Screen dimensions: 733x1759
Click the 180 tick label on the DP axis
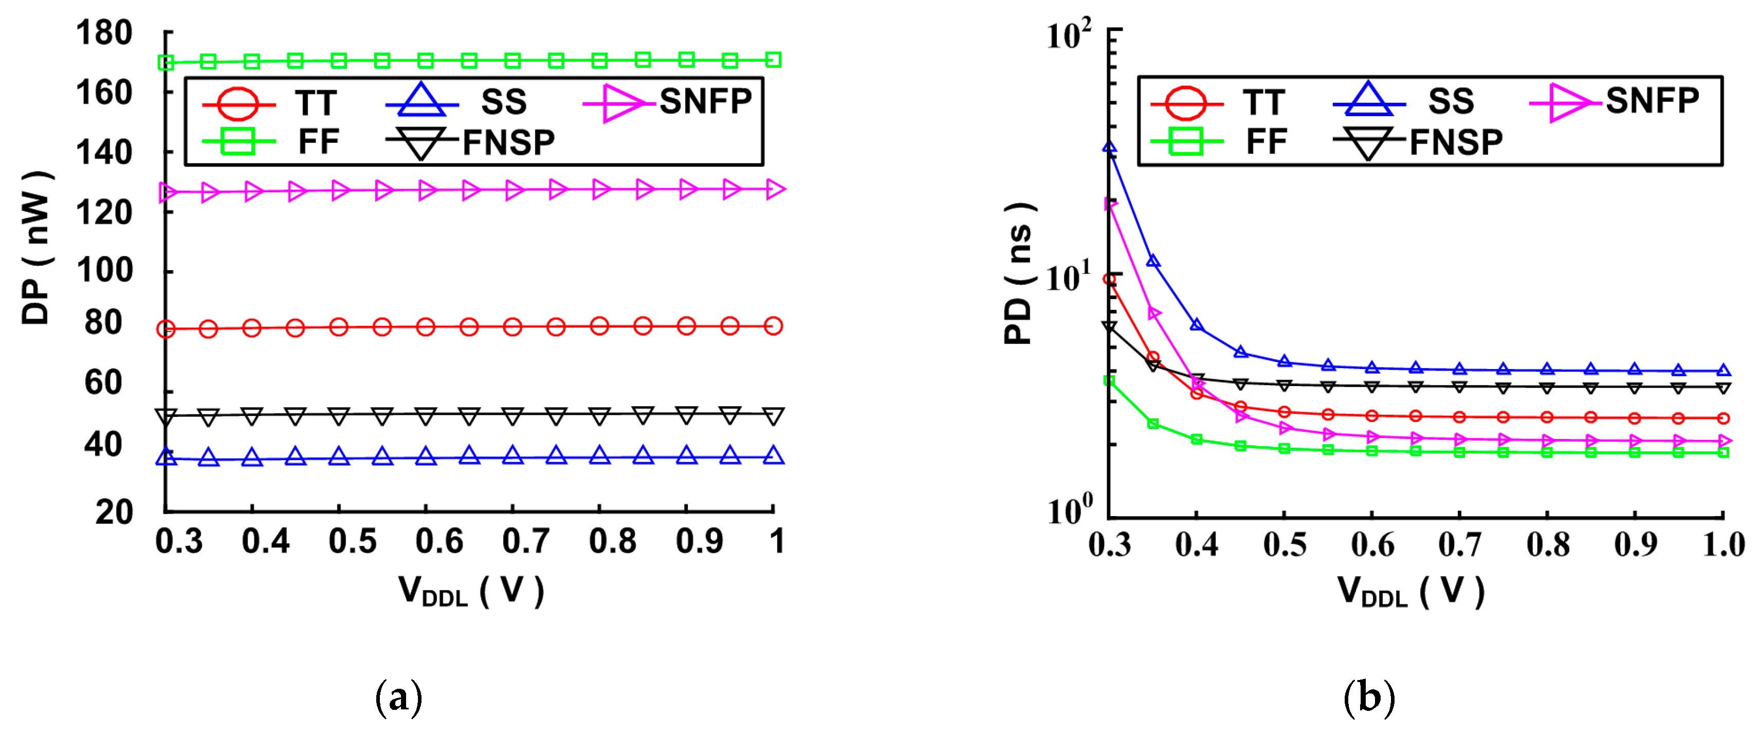click(x=104, y=33)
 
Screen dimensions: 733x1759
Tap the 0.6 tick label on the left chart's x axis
click(x=439, y=541)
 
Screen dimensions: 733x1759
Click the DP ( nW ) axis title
click(x=35, y=248)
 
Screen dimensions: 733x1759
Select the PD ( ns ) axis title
click(x=1019, y=273)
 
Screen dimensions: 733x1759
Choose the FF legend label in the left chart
click(x=318, y=142)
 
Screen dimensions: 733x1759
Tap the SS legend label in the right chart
click(x=1451, y=102)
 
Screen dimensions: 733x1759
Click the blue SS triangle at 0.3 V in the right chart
click(x=1110, y=148)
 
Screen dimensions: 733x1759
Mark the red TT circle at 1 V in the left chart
click(x=773, y=326)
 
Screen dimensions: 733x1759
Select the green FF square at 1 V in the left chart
click(x=773, y=60)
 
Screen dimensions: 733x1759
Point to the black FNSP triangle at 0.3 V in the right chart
click(x=1110, y=328)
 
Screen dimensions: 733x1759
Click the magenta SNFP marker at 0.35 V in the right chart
click(x=1154, y=313)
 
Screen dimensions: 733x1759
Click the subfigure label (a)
click(x=399, y=698)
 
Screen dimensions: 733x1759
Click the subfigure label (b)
click(x=1368, y=698)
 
